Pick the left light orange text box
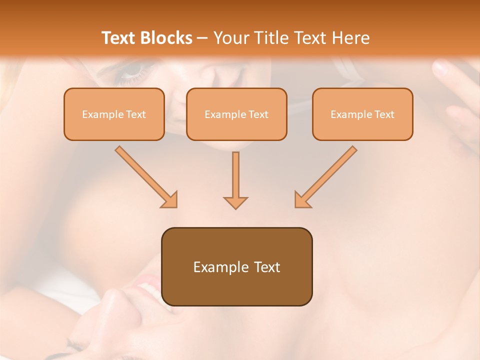(x=114, y=114)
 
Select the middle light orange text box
(x=236, y=114)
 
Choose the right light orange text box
(x=362, y=114)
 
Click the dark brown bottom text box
(x=236, y=266)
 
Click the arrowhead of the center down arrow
(x=235, y=202)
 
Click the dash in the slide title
(x=202, y=38)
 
